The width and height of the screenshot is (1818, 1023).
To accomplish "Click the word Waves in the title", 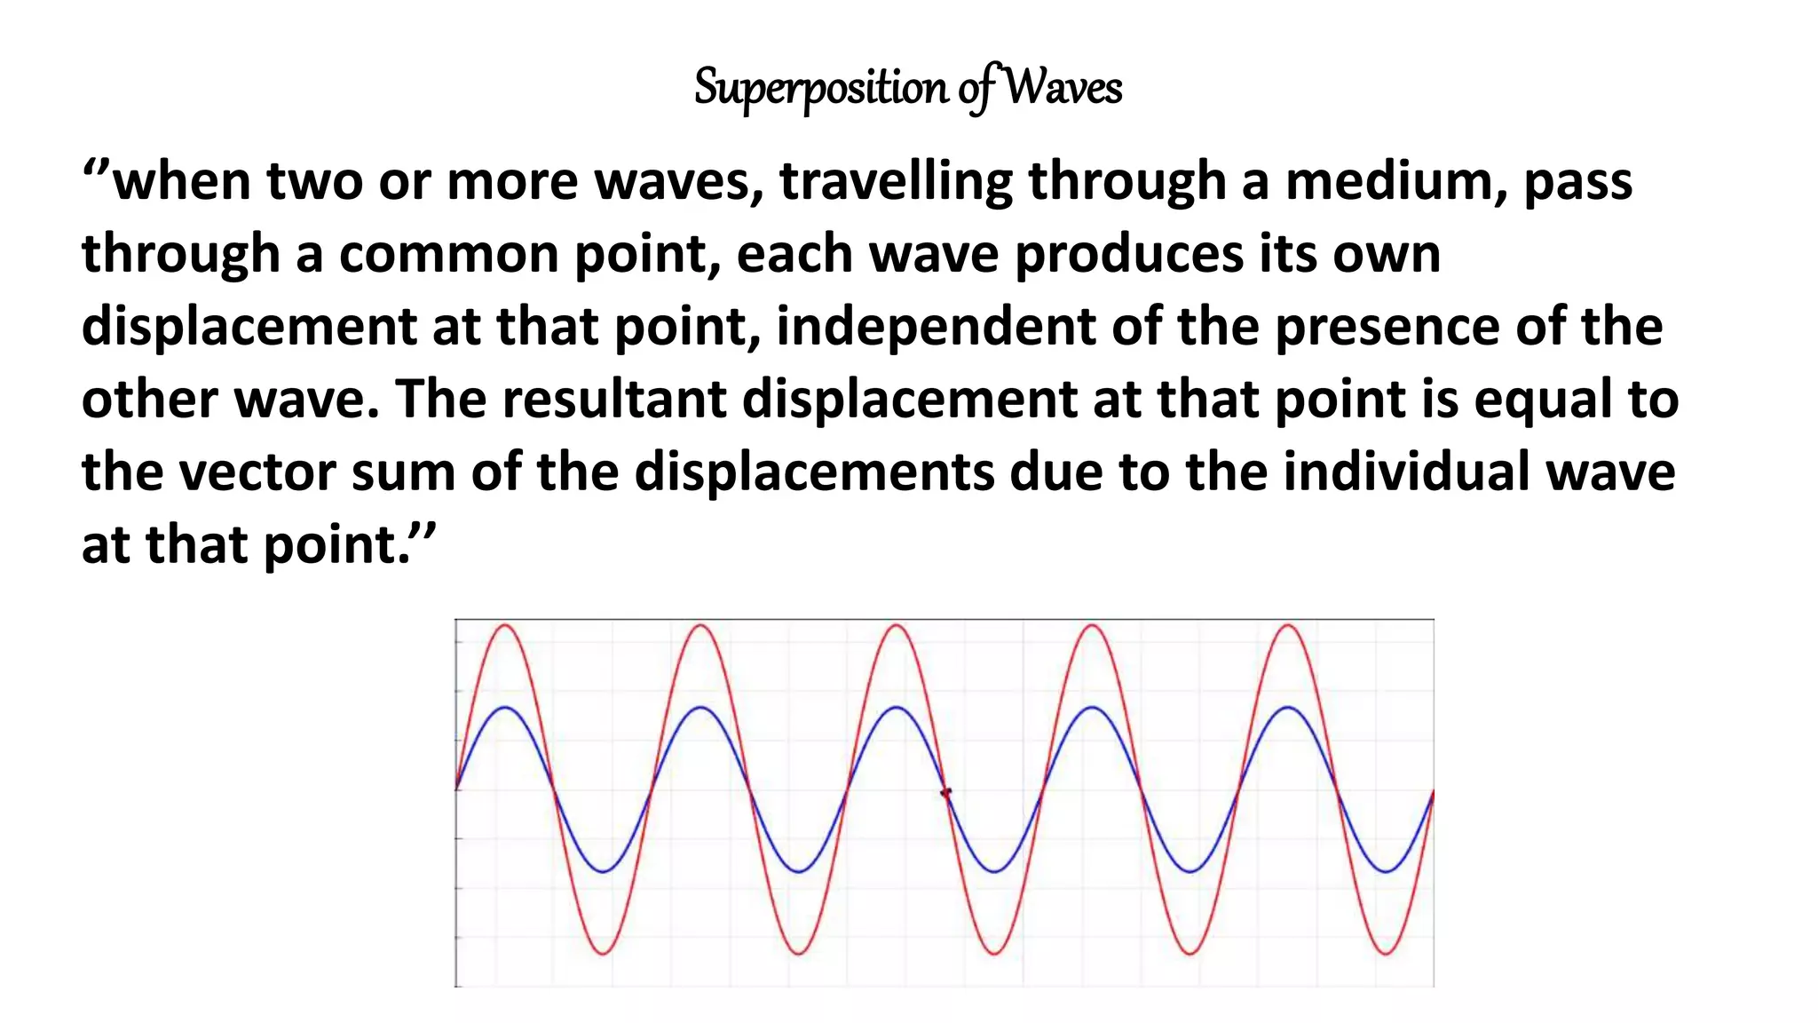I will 1063,87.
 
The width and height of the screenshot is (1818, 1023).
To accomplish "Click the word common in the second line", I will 449,254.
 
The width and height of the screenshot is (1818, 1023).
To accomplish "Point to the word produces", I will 1129,254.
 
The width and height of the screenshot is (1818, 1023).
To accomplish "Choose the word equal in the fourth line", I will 1543,400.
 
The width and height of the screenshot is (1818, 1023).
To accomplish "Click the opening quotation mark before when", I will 96,168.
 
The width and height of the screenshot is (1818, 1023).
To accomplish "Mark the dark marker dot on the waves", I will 946,792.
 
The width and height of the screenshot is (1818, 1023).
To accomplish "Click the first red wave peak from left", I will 506,625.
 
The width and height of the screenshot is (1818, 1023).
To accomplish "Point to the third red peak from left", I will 897,625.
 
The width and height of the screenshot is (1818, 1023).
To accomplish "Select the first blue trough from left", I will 604,871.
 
